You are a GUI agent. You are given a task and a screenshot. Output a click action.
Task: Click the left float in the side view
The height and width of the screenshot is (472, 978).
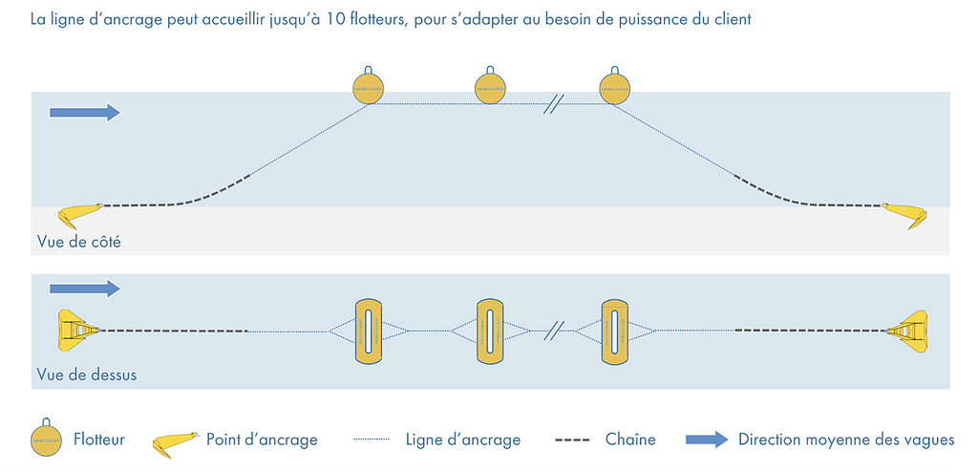point(368,88)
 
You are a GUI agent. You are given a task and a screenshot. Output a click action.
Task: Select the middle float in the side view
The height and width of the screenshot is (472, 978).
point(489,88)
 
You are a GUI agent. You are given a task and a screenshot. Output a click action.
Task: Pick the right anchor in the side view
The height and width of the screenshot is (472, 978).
point(904,213)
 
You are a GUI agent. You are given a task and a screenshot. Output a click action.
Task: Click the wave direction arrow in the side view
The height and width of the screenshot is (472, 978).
point(84,113)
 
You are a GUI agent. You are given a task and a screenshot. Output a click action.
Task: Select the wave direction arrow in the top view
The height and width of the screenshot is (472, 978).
point(84,288)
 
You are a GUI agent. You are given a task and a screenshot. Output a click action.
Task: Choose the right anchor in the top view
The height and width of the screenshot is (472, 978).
point(908,331)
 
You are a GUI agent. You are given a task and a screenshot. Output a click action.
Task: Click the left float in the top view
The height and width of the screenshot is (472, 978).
point(368,331)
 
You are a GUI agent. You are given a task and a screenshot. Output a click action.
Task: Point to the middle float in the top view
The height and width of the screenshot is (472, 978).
point(489,331)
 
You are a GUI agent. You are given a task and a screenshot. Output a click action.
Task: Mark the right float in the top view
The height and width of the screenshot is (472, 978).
point(613,331)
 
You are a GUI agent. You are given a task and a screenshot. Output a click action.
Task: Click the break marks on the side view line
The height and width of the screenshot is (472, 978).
point(552,103)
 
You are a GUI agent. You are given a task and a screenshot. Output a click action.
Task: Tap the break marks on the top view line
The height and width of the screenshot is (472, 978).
point(552,331)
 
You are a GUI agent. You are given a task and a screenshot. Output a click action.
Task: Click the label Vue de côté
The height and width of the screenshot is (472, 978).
point(78,242)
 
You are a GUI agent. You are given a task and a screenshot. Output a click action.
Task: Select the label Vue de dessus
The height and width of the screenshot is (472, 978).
point(86,375)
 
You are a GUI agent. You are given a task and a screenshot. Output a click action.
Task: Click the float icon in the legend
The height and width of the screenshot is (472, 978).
point(45,439)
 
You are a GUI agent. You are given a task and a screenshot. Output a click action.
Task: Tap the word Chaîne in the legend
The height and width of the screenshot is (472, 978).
point(630,440)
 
